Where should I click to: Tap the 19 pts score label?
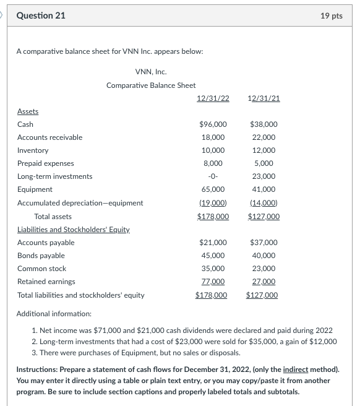point(332,15)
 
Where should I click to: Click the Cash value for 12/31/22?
point(213,124)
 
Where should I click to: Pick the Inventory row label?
point(33,150)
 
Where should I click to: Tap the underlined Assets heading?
point(28,111)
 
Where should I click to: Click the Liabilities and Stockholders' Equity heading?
point(73,230)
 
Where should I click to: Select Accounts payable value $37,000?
point(264,243)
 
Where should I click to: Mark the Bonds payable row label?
point(41,256)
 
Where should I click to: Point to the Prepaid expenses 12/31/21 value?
point(264,163)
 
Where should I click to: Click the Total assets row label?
point(53,217)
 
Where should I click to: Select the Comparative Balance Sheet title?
point(151,85)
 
